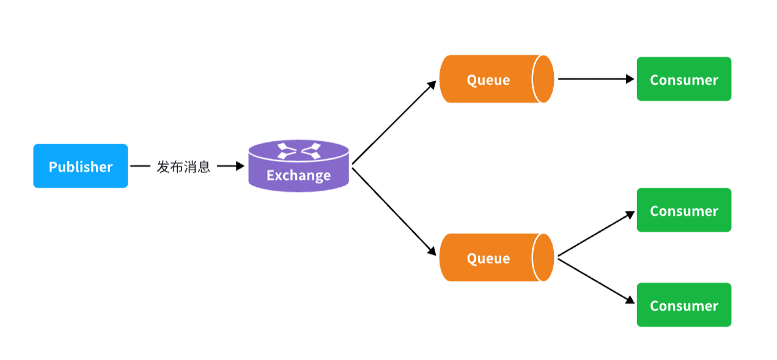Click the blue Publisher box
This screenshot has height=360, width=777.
coord(80,166)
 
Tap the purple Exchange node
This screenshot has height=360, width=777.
coord(298,168)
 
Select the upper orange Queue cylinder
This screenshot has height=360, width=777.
coord(489,79)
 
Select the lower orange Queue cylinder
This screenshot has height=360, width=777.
coord(489,258)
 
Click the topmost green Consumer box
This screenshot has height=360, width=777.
coord(683,79)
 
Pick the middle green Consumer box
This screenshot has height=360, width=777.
coord(683,210)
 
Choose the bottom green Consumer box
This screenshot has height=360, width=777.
coord(683,305)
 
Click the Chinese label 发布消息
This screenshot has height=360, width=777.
coord(183,167)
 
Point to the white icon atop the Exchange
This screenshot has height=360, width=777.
coord(299,150)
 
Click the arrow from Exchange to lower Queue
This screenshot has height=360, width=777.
coord(394,211)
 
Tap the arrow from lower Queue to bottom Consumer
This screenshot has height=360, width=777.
coord(596,281)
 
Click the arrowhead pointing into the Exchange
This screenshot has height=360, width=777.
coord(240,166)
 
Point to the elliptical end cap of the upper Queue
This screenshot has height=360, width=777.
coord(543,79)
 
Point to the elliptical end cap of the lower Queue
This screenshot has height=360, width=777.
coord(543,257)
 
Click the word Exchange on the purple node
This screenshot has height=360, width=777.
coord(298,176)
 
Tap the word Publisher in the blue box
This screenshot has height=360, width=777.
coord(81,167)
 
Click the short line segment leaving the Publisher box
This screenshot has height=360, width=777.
coord(140,166)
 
